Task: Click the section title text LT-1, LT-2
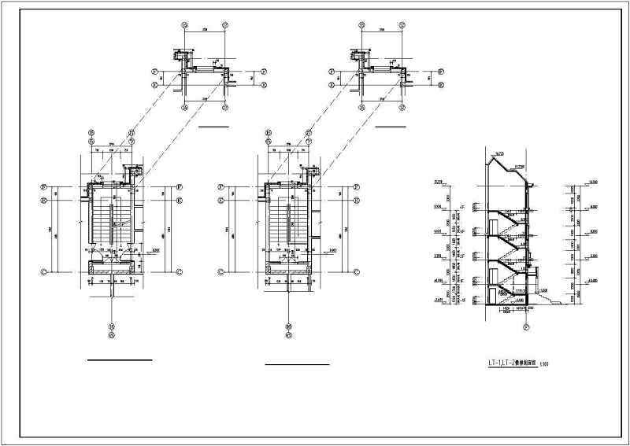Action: pyautogui.click(x=508, y=364)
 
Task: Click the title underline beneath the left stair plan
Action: pyautogui.click(x=119, y=359)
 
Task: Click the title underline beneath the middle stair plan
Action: pyautogui.click(x=296, y=365)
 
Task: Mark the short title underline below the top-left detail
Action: pyautogui.click(x=213, y=126)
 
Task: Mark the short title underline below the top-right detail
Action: pyautogui.click(x=391, y=126)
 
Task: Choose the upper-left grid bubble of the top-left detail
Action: pyautogui.click(x=186, y=24)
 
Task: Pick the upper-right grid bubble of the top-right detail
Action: pyautogui.click(x=402, y=24)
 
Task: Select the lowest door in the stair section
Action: pyautogui.click(x=493, y=296)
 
